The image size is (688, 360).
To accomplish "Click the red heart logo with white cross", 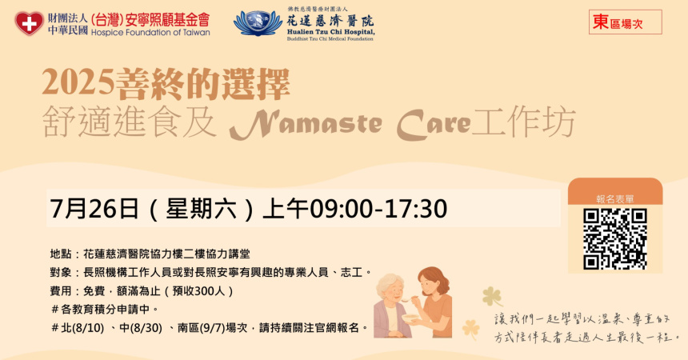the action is [29, 23].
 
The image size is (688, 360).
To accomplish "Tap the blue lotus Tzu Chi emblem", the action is [258, 23].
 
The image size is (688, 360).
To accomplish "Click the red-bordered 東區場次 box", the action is [626, 22].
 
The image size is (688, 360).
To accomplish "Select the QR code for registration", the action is [614, 239].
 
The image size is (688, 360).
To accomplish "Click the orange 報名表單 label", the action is [615, 199].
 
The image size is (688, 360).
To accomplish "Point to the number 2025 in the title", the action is [78, 82].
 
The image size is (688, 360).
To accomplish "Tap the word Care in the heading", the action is [434, 124].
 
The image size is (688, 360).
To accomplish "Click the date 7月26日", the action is [94, 209].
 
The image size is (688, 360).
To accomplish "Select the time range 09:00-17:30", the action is [378, 209].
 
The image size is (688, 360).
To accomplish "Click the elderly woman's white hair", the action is [389, 283].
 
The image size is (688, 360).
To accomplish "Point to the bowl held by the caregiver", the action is [411, 319].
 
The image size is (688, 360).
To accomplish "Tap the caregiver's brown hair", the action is [434, 280].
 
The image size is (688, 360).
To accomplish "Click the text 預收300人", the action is [200, 291].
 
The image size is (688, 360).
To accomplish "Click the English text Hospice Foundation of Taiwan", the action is [150, 32].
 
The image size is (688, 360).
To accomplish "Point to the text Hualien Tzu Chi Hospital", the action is [331, 32].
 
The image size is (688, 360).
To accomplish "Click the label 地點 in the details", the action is [61, 254].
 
